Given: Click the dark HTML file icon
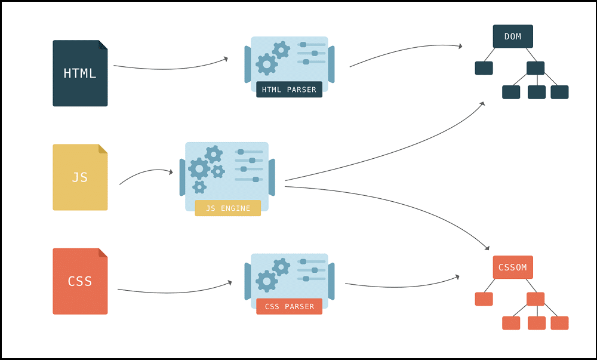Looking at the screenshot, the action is [x=80, y=73].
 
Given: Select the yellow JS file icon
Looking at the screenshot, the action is [x=80, y=177].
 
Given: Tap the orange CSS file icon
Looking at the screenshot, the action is [x=80, y=281].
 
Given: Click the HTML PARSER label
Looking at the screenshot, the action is [x=289, y=90].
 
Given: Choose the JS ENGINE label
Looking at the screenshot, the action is [x=227, y=208].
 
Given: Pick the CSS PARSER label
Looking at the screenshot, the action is [x=289, y=306].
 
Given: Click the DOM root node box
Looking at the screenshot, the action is [x=513, y=36].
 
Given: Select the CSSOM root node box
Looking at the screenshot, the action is [x=513, y=267].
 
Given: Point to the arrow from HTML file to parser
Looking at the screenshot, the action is [x=171, y=69].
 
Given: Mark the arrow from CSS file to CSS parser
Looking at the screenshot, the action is [x=175, y=293].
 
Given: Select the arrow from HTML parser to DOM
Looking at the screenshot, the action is [x=405, y=49].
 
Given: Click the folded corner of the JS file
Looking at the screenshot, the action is [x=103, y=149].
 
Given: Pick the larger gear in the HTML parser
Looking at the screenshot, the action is [x=266, y=64].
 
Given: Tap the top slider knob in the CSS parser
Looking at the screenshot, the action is [x=303, y=261].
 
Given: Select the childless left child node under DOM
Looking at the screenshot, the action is [x=484, y=68].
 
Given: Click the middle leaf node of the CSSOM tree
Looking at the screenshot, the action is [x=537, y=323].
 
